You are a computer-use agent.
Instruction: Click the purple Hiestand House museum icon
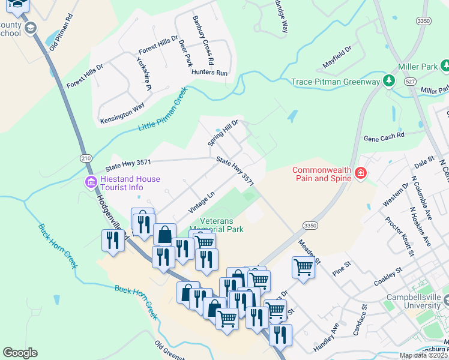(91, 182)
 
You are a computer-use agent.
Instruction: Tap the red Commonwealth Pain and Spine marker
(361, 173)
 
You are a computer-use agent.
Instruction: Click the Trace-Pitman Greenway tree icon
(389, 80)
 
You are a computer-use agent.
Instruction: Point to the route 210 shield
(85, 158)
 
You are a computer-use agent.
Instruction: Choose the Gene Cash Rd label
(384, 136)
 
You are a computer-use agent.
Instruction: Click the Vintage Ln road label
(202, 202)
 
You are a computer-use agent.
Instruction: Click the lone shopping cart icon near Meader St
(303, 267)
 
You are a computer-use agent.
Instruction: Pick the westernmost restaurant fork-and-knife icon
(113, 239)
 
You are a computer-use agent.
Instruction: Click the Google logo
(20, 353)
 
